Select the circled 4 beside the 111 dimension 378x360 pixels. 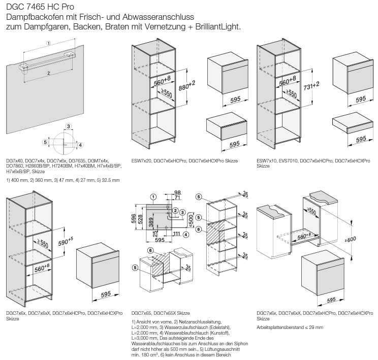pos(186,235)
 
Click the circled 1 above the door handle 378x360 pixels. pos(48,44)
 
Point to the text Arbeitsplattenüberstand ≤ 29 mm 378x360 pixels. pos(290,328)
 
